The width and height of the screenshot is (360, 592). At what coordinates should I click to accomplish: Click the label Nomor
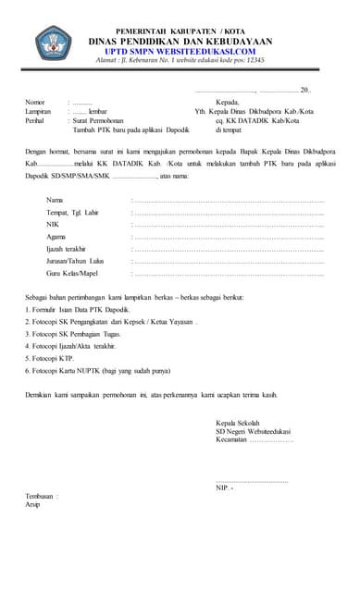point(34,102)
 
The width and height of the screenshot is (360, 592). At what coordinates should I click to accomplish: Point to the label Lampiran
point(38,111)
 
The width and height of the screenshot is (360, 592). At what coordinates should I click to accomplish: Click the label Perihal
point(36,120)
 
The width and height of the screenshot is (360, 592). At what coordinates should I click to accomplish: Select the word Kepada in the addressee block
point(229,102)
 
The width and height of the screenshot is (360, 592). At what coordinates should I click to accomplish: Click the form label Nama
point(55,200)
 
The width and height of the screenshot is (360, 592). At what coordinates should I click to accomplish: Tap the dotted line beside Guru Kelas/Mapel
point(228,274)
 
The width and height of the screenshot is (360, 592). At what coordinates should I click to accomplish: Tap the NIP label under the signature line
point(223,487)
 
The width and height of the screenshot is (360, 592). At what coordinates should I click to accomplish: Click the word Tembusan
point(41,497)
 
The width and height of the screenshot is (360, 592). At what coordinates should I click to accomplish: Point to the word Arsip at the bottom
point(33,505)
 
